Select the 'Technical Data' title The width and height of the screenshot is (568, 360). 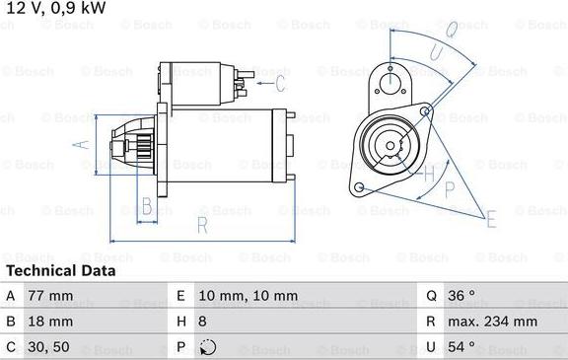click(60, 270)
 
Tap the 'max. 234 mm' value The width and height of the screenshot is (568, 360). click(495, 322)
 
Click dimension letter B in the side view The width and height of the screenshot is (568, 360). click(146, 207)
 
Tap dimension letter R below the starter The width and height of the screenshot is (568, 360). click(201, 226)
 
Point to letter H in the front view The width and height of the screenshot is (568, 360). click(429, 175)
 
